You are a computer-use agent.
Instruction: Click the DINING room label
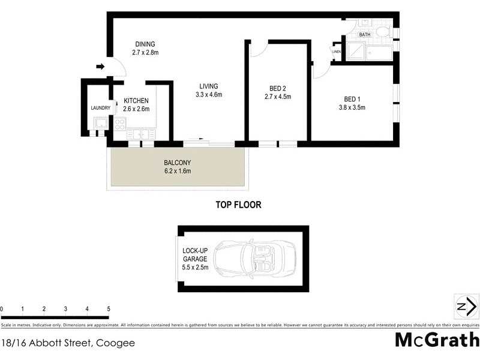pyautogui.click(x=145, y=44)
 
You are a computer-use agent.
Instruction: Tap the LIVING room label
pyautogui.click(x=209, y=86)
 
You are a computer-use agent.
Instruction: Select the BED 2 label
pyautogui.click(x=277, y=89)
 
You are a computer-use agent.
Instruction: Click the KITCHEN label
pyautogui.click(x=136, y=101)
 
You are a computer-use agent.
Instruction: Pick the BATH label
pyautogui.click(x=365, y=35)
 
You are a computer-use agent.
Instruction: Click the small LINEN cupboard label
pyautogui.click(x=336, y=52)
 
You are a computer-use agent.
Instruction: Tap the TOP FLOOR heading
pyautogui.click(x=238, y=205)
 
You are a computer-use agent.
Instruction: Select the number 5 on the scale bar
pyautogui.click(x=109, y=309)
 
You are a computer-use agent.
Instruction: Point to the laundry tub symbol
pyautogui.click(x=99, y=124)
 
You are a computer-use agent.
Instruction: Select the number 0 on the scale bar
pyautogui.click(x=2, y=309)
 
